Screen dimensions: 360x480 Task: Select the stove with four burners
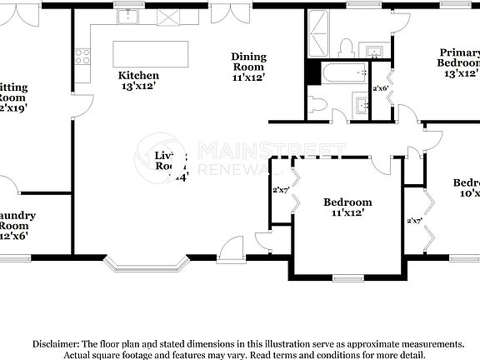82,56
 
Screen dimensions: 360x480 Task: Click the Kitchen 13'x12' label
138,81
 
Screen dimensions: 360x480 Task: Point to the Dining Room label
248,67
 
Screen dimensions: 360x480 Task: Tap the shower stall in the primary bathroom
320,32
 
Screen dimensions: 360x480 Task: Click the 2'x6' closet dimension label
381,87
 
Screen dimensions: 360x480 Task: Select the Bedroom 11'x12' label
347,207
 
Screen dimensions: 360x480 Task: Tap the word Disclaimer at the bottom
56,343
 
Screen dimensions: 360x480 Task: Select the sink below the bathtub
361,104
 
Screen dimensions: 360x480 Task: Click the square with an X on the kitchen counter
167,15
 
